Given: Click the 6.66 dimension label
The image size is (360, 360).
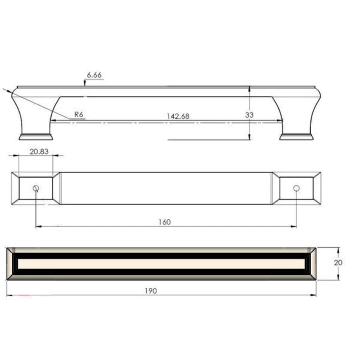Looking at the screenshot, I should [95, 75].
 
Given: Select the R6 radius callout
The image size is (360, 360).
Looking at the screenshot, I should [78, 114].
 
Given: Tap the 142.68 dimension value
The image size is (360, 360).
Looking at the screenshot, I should [178, 116].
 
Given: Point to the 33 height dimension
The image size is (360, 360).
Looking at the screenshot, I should [249, 115].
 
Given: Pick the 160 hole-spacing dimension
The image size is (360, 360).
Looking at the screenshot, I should [164, 222].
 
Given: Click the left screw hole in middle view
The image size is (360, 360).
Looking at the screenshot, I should [36, 188].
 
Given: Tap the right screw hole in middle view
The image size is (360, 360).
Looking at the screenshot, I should [296, 188].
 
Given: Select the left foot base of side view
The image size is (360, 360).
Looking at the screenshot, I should [36, 137].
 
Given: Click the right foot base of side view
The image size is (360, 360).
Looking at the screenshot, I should [296, 137].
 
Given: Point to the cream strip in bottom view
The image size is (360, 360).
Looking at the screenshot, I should [160, 264].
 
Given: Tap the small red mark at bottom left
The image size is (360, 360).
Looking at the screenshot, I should [25, 296].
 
